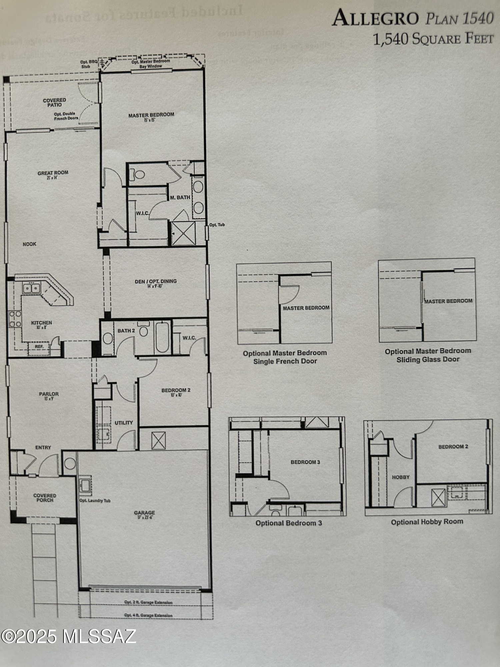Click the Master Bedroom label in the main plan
[151, 115]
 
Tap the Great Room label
[53, 173]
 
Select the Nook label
[30, 244]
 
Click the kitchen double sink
[31, 288]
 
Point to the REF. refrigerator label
[39, 347]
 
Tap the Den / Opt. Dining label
[156, 281]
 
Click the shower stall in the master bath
[183, 233]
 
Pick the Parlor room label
[49, 394]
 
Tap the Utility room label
[124, 423]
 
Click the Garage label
[144, 513]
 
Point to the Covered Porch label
[45, 498]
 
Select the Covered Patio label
[54, 102]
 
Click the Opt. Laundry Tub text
[95, 501]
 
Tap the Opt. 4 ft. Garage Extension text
[148, 615]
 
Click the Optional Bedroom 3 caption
[289, 523]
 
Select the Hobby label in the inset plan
[401, 477]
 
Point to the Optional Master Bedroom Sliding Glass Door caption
[428, 355]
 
